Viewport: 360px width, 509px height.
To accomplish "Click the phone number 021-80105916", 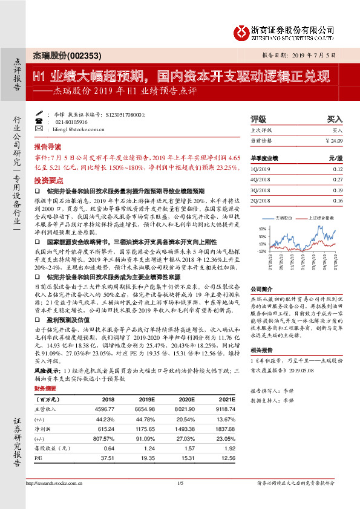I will pos(71,122).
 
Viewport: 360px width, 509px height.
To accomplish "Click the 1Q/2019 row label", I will pos(258,170).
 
